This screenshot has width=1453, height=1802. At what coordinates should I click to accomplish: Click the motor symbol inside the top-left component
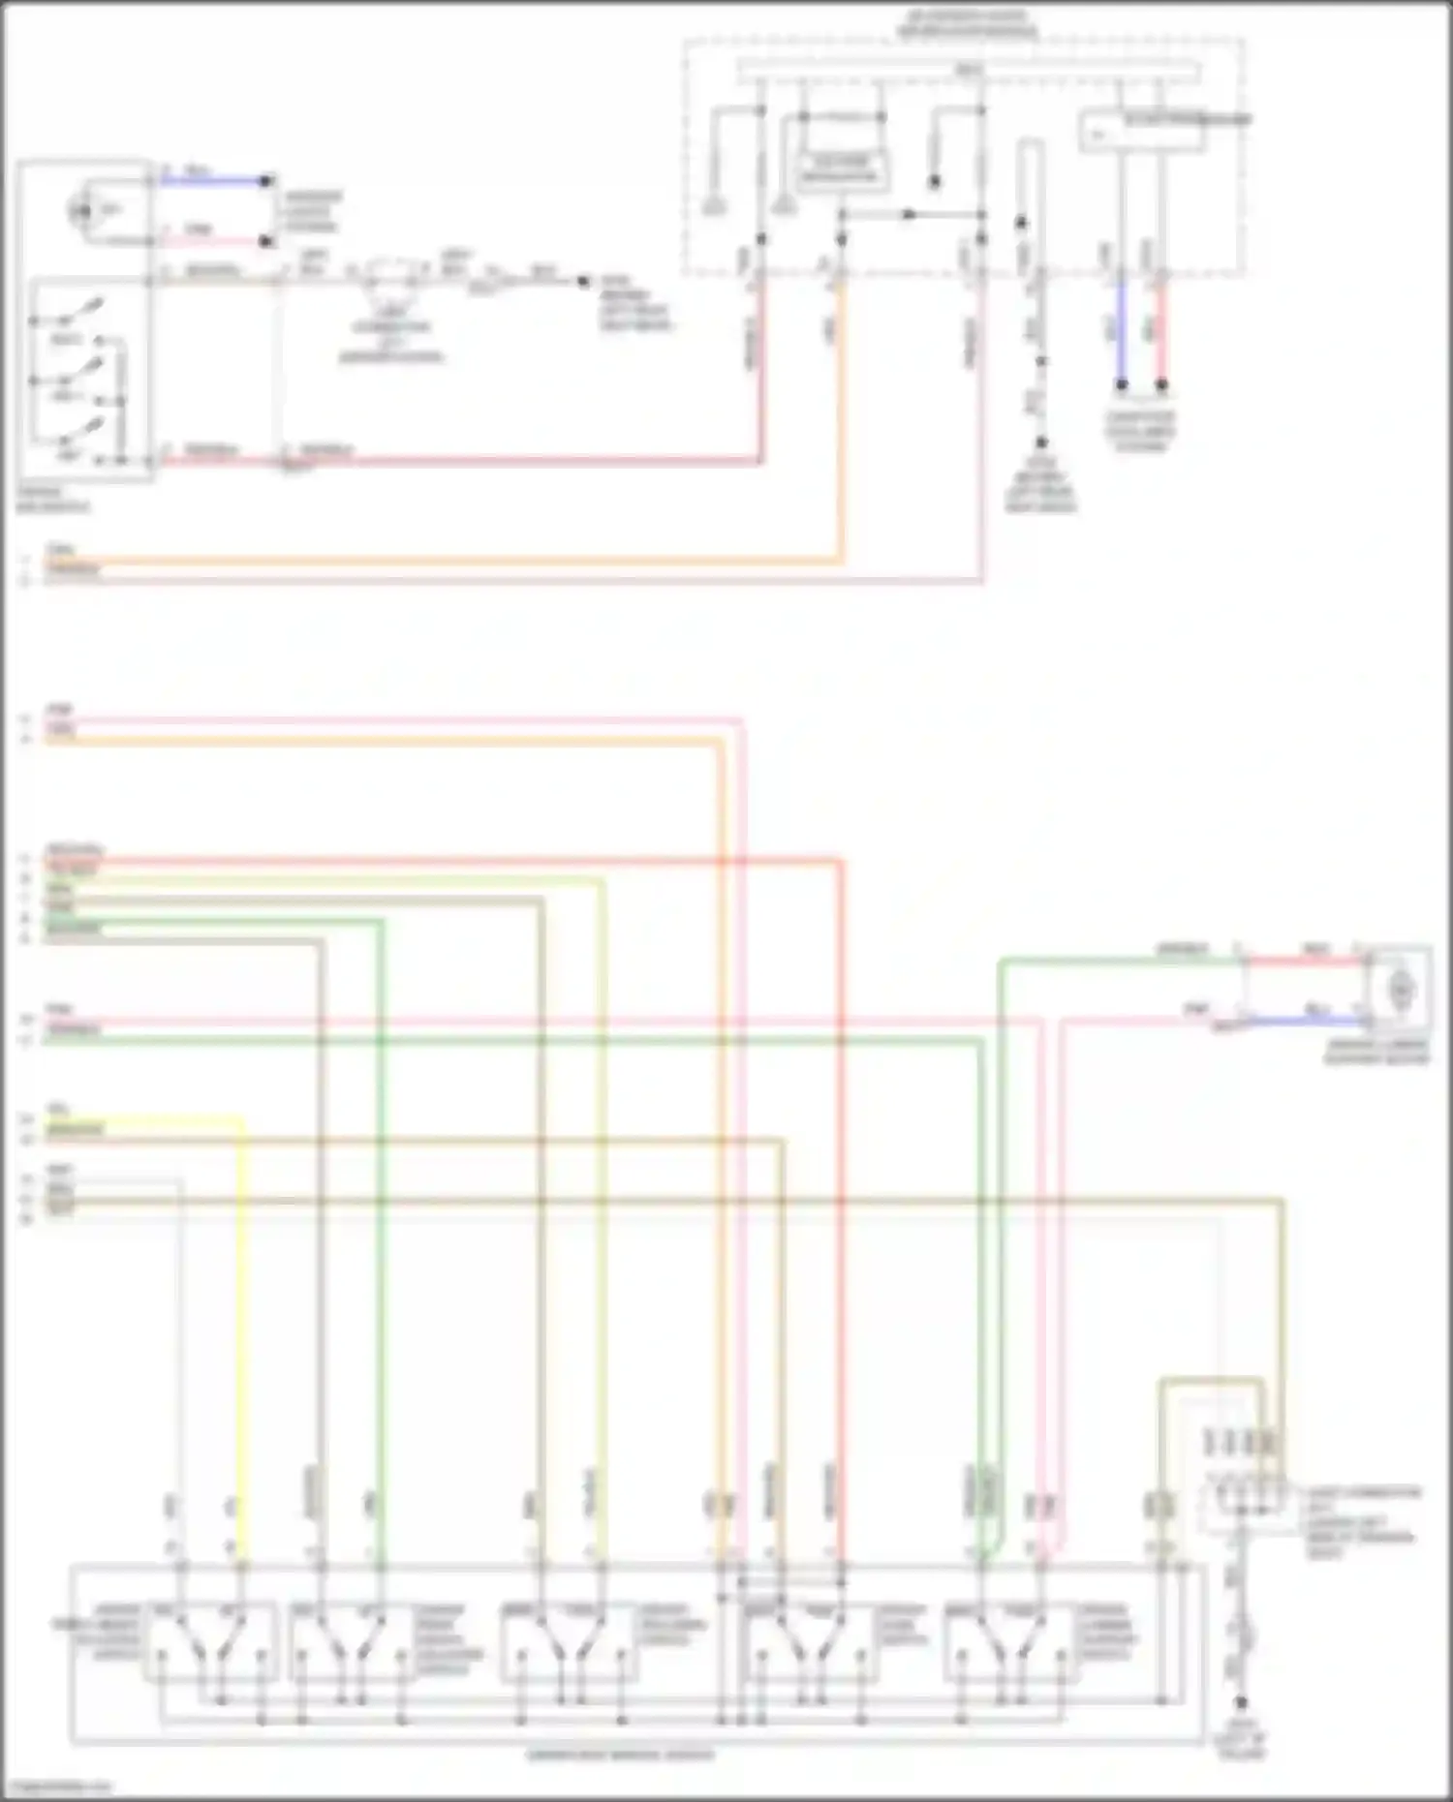click(x=82, y=210)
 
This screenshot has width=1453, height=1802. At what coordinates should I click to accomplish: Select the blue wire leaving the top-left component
click(x=213, y=180)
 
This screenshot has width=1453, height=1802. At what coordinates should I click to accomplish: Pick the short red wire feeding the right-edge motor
click(x=1303, y=961)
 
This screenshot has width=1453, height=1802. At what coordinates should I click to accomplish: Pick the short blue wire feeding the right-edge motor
click(x=1303, y=1020)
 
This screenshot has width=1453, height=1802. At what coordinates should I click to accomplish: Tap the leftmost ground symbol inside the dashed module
click(x=715, y=204)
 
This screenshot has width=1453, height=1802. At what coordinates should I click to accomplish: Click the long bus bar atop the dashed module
click(x=969, y=71)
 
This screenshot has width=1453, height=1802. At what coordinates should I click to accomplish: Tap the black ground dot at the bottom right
click(x=1241, y=1703)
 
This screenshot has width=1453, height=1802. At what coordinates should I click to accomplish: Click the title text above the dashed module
click(x=966, y=24)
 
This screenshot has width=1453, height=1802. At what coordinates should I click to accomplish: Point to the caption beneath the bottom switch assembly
click(x=620, y=1755)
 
